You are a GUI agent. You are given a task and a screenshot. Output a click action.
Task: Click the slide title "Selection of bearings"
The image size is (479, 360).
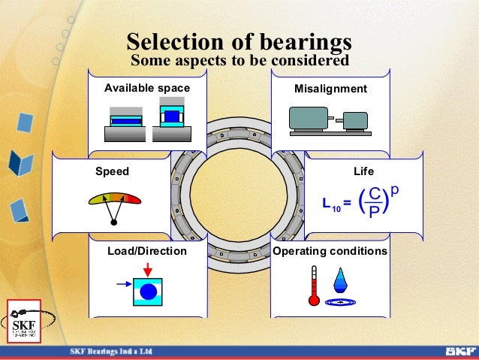coord(239,41)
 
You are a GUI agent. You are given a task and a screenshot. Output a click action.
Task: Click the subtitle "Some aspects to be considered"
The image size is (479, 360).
coord(239,59)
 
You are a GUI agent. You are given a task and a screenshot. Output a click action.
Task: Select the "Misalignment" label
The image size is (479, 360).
coord(331,89)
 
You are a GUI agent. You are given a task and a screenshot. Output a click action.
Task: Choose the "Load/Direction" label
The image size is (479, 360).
coord(147,251)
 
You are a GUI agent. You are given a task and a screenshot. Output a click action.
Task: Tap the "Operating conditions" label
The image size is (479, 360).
coord(330,251)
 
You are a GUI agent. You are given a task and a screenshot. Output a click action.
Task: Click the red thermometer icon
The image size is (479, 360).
coord(314,286)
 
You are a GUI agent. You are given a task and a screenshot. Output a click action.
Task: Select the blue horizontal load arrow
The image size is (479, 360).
coord(124,285)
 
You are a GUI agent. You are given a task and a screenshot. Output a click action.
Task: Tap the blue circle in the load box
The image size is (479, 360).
coord(148,291)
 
